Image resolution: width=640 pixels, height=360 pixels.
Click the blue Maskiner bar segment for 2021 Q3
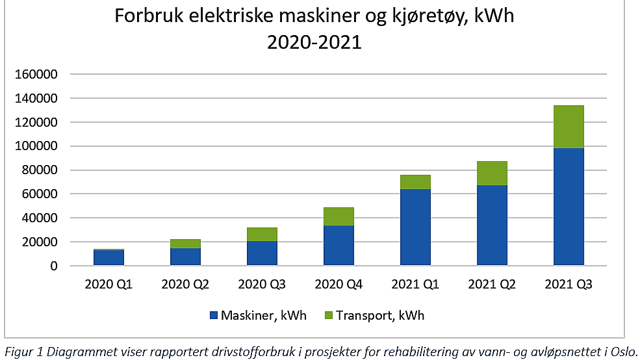[x=568, y=207]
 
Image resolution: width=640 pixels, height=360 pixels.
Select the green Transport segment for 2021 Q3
[x=568, y=127]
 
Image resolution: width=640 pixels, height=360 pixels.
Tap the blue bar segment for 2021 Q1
[x=415, y=227]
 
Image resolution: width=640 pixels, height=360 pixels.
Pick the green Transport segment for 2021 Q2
[x=492, y=174]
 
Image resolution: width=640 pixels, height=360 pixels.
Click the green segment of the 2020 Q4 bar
[x=339, y=216]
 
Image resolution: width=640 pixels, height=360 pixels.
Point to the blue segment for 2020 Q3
[x=262, y=253]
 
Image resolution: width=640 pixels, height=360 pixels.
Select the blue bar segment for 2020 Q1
[x=109, y=257]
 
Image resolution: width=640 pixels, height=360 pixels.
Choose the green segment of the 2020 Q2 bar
[x=185, y=244]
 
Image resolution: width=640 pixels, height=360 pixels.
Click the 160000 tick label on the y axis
[x=36, y=74]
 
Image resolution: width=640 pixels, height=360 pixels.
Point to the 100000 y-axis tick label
[x=36, y=146]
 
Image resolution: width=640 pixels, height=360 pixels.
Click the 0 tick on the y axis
[x=55, y=266]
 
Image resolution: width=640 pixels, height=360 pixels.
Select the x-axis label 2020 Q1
[x=109, y=285]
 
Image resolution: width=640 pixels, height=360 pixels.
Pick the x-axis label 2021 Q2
[x=492, y=285]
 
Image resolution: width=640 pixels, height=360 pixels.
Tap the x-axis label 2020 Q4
[x=339, y=285]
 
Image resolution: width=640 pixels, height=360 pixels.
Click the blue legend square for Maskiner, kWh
[x=214, y=316]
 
